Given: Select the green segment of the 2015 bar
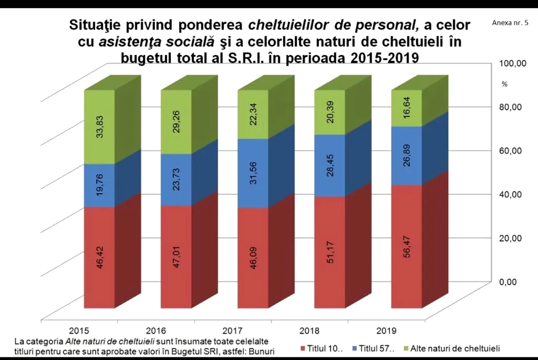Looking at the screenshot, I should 100,127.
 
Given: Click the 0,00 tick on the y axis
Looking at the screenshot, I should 512,281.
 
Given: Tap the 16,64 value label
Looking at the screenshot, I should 406,110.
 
